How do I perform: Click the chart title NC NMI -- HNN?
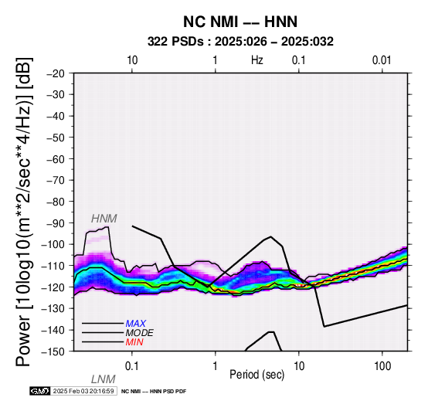pos(240,22)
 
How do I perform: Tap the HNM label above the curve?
pos(104,219)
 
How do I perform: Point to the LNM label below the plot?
pos(104,379)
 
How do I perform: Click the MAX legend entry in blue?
pos(136,324)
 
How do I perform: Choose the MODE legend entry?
pos(140,333)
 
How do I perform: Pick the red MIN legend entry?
pos(134,342)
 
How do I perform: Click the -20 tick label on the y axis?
pos(56,73)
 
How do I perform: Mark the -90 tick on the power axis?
pos(56,223)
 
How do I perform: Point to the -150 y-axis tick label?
pos(53,352)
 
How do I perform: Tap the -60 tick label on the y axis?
pos(56,159)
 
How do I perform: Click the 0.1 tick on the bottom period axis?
pos(132,366)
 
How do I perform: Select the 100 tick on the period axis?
pos(382,366)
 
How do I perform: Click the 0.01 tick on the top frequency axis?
pos(382,60)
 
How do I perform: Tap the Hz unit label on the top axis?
pos(256,60)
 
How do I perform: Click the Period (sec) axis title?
pos(256,375)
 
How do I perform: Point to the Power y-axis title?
pos(24,212)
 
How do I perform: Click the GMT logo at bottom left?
pos(40,392)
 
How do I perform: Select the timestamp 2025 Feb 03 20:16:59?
pos(83,392)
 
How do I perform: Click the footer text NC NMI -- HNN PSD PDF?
pos(154,392)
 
